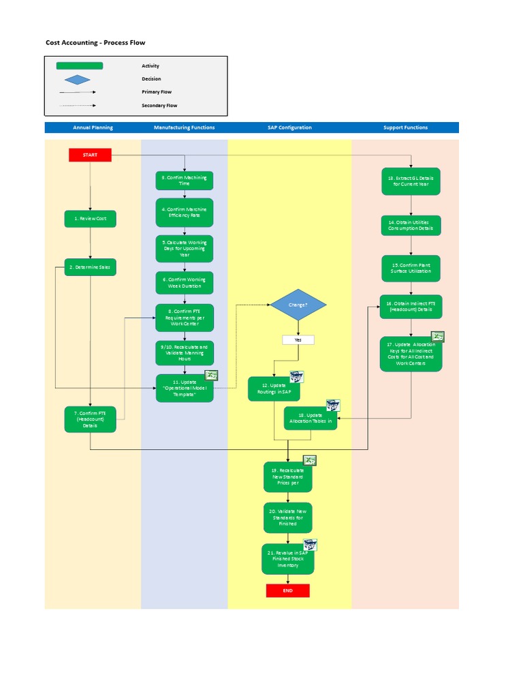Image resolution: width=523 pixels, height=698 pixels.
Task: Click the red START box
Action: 90,155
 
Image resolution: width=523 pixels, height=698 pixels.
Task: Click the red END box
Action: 287,590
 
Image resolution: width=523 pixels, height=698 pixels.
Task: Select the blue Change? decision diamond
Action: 298,305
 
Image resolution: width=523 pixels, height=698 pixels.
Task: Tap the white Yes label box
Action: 298,339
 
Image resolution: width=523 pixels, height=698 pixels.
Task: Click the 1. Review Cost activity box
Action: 91,219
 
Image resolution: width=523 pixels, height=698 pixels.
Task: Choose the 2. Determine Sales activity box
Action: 91,267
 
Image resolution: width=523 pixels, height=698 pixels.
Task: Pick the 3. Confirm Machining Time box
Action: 185,181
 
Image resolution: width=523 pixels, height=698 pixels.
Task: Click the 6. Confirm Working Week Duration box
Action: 185,283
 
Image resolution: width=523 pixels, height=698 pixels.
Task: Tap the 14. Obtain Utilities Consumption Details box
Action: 411,225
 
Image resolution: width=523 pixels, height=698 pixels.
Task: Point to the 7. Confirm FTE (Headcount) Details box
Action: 91,419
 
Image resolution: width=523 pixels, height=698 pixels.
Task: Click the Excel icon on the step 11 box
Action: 211,376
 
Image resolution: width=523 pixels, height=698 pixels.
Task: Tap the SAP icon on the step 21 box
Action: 310,545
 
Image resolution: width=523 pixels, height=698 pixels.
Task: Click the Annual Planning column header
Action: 93,127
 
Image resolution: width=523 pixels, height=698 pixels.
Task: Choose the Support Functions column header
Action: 405,127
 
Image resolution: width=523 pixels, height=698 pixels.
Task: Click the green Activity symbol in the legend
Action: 80,66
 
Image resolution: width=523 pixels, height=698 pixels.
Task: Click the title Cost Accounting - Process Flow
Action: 95,42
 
